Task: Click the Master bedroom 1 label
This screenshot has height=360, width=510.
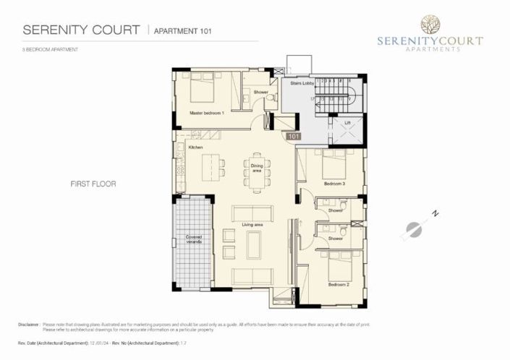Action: click(x=207, y=113)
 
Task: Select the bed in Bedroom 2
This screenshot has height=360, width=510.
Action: click(x=339, y=267)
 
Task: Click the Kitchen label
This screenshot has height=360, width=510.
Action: click(x=195, y=147)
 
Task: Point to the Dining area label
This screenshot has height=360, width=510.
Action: click(x=256, y=168)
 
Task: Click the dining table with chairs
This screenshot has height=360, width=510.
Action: click(x=258, y=173)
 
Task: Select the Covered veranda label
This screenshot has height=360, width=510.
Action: click(x=193, y=239)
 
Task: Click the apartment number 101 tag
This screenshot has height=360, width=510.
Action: click(x=294, y=136)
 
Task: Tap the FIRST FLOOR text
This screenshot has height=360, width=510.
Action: click(x=93, y=184)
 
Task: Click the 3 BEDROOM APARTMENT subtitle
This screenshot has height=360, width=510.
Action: click(x=50, y=49)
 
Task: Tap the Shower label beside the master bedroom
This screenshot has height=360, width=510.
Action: click(x=260, y=93)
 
